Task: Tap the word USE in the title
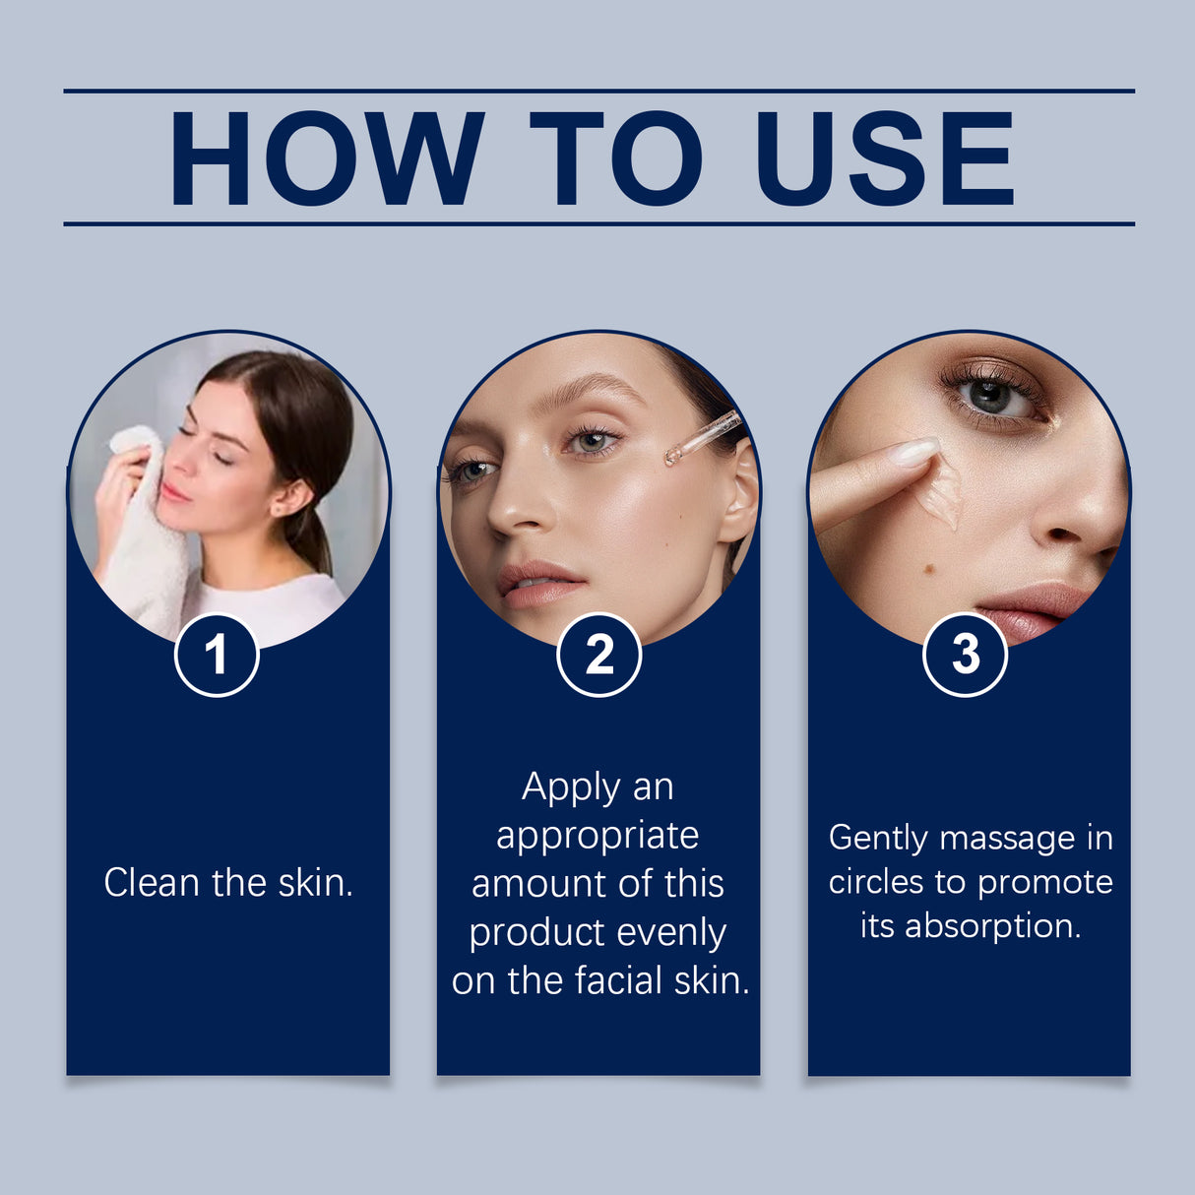click(x=883, y=158)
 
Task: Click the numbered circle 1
click(x=217, y=655)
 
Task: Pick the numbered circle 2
click(x=598, y=655)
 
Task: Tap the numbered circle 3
click(x=965, y=655)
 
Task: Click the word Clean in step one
click(x=152, y=883)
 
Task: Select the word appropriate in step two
click(x=597, y=836)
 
